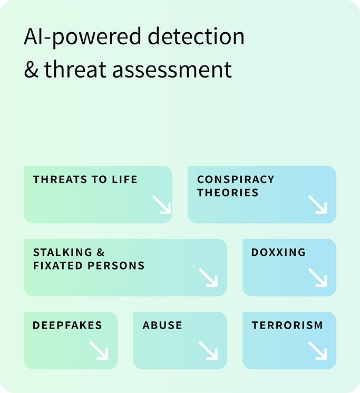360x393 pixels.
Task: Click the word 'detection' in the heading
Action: [x=196, y=36]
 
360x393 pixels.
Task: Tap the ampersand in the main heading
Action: [x=31, y=69]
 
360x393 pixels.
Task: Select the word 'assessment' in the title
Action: [x=172, y=70]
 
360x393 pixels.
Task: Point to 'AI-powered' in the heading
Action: [x=83, y=37]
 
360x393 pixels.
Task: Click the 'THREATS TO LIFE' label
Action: [x=85, y=179]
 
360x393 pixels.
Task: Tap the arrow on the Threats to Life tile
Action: [x=162, y=205]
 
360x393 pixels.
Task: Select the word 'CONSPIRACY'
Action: [x=236, y=179]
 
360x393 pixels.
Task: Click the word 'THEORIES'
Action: [x=228, y=193]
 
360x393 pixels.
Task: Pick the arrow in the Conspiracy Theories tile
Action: [x=318, y=205]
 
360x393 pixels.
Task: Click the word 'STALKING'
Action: [x=63, y=252]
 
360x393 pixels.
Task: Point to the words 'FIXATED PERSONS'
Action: [x=89, y=266]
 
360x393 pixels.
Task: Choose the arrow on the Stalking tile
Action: [x=208, y=277]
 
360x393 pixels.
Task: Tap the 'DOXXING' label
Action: [x=279, y=252]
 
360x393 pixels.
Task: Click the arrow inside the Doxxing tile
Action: [x=318, y=277]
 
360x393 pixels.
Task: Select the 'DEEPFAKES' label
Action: [x=67, y=325]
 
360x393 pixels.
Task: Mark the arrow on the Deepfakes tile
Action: [x=99, y=350]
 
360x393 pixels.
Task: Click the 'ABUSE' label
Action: [x=162, y=325]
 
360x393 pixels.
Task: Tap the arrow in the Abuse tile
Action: [x=208, y=350]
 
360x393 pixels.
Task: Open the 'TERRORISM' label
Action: [x=287, y=325]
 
